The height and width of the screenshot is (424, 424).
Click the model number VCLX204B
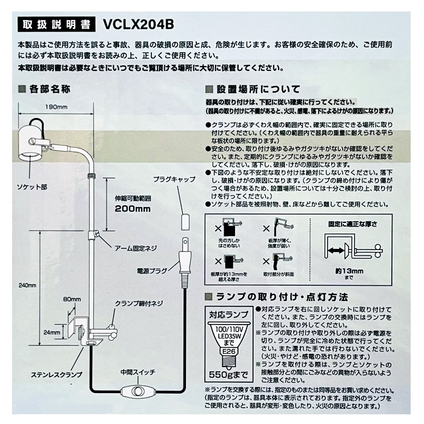(x=139, y=25)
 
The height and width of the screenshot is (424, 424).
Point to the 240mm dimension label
(x=27, y=285)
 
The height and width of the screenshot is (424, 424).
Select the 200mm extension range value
(x=132, y=209)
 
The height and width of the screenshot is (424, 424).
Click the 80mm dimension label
(x=72, y=299)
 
